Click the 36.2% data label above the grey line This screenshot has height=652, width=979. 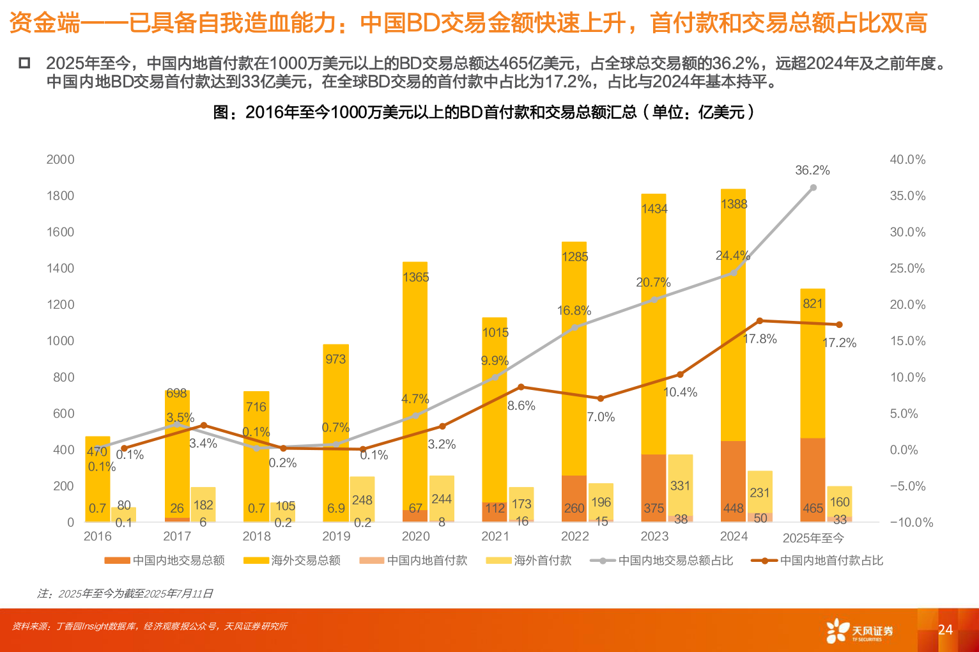pos(812,171)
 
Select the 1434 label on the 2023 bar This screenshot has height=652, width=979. pos(654,209)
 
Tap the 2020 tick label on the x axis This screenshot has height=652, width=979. pos(415,536)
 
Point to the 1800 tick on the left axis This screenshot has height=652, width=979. pos(61,196)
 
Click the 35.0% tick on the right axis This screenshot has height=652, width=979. pos(907,196)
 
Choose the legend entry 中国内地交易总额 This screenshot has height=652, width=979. pos(165,561)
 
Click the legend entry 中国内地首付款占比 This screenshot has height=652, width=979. pos(817,561)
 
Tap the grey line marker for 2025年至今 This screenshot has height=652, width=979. pos(813,188)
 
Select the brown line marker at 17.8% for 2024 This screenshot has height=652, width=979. pos(760,321)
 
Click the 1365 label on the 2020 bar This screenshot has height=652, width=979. pos(415,277)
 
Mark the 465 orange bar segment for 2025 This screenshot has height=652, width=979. pos(813,479)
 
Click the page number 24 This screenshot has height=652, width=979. pos(945,630)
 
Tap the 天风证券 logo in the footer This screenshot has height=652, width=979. pos(860,631)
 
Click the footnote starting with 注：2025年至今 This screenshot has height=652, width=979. pos(125,594)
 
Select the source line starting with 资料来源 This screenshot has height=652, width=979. pos(150,626)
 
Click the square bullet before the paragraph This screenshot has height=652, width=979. pos(24,63)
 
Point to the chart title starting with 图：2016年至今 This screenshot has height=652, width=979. pos(484,113)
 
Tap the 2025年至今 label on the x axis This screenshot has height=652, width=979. pos(813,538)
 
